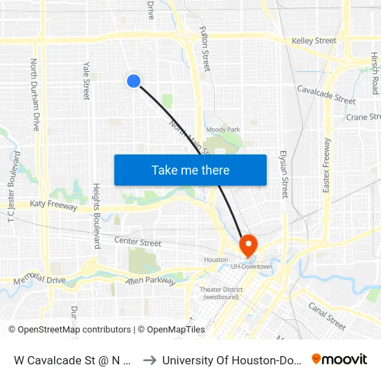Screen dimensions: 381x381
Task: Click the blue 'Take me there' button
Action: pos(190,170)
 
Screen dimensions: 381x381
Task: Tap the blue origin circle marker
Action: pos(134,81)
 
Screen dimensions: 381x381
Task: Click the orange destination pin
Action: pos(247,245)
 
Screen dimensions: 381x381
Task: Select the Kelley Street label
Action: pos(314,41)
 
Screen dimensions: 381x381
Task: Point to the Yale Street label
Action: pos(87,80)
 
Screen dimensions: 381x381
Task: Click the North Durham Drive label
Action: pos(35,95)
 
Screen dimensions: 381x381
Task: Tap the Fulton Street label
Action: pos(205,49)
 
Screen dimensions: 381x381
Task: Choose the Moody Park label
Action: pos(223,130)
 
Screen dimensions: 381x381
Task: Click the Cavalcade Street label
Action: pos(326,95)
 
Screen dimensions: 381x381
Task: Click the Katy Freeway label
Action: pos(54,206)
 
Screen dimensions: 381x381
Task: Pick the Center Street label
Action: pos(138,243)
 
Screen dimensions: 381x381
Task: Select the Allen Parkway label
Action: pos(148,280)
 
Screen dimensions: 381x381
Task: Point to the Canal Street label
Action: pos(326,316)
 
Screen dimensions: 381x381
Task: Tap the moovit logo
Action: pos(339,359)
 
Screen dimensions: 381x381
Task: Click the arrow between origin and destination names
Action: pos(150,360)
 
